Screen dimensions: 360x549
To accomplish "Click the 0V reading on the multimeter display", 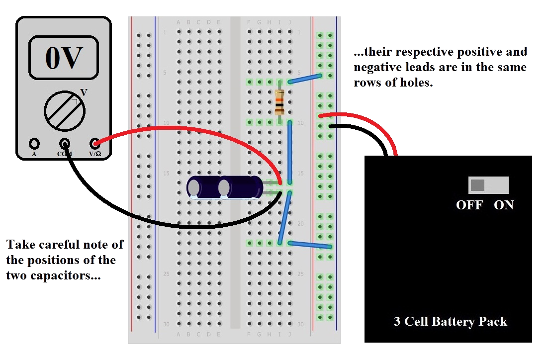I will pos(64,58).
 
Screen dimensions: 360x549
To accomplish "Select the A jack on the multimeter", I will pos(34,144).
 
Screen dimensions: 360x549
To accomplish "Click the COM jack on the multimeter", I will pos(64,144).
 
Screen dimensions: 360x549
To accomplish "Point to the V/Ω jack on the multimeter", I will pos(95,144).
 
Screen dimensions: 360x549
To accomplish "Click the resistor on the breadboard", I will pos(279,103).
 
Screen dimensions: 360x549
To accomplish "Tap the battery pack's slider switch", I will pos(488,185).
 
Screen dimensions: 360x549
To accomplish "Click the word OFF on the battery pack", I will pos(469,205).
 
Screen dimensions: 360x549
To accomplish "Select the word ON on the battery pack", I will pos(503,205).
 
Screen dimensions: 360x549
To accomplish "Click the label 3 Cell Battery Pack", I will pos(450,321).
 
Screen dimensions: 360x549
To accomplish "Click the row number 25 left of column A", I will pos(166,274).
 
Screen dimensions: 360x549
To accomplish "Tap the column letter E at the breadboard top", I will pos(219,22).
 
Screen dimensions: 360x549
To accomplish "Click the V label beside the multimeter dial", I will pos(84,92).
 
